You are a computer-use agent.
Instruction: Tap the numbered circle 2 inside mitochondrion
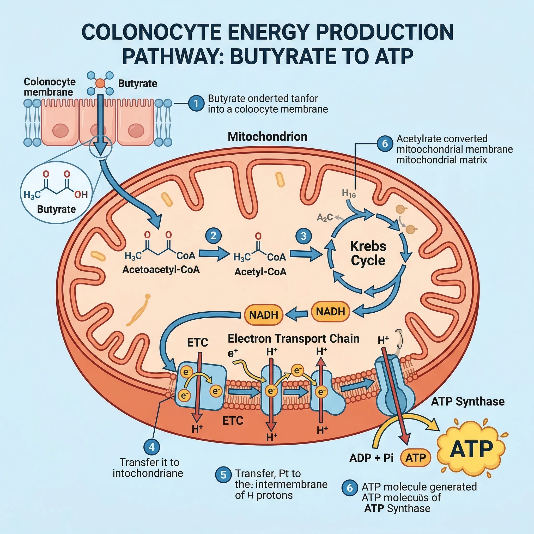pyautogui.click(x=213, y=235)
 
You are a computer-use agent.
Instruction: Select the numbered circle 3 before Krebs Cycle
pyautogui.click(x=304, y=236)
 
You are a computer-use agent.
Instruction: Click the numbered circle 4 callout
pyautogui.click(x=152, y=447)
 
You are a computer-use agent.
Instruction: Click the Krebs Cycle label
pyautogui.click(x=368, y=253)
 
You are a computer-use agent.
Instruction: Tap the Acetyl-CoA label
pyautogui.click(x=260, y=272)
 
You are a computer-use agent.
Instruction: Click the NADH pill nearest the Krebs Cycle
pyautogui.click(x=330, y=312)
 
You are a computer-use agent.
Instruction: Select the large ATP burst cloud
pyautogui.click(x=471, y=449)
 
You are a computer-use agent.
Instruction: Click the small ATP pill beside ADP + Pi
pyautogui.click(x=415, y=458)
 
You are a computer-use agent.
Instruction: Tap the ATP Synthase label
pyautogui.click(x=468, y=401)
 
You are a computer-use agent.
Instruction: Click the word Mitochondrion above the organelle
pyautogui.click(x=267, y=137)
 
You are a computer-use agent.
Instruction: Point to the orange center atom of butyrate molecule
pyautogui.click(x=100, y=83)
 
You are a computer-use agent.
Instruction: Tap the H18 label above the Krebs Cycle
pyautogui.click(x=349, y=193)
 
